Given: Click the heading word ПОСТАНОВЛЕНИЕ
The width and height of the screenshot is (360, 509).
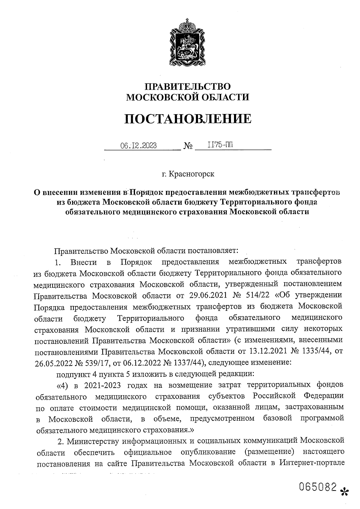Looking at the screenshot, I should [x=188, y=119].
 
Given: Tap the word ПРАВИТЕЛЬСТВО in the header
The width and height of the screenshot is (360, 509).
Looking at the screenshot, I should [x=188, y=87].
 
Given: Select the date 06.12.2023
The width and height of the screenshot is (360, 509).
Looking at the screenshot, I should [x=138, y=146].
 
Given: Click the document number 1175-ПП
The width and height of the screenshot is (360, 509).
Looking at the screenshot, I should [x=220, y=145].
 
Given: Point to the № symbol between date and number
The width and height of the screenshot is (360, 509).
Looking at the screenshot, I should [x=187, y=146].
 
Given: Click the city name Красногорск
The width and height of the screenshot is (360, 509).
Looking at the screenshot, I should [x=192, y=174].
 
